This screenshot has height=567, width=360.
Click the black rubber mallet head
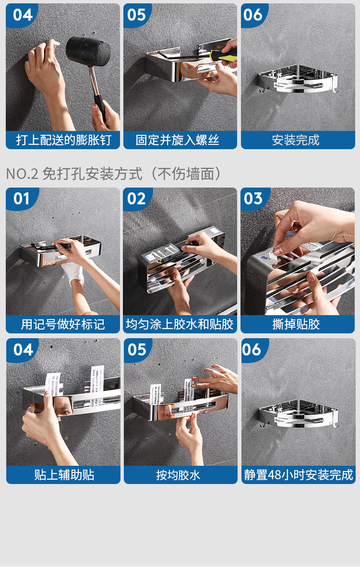tap(88, 51)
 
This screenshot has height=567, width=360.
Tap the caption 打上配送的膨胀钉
tap(63, 140)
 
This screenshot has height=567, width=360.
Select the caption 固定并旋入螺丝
tap(177, 140)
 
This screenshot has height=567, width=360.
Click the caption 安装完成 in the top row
tap(296, 140)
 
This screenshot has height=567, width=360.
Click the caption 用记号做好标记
tap(63, 324)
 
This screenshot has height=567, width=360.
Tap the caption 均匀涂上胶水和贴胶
tap(180, 324)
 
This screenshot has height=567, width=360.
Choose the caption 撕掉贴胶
tap(296, 324)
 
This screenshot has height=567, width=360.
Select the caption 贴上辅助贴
tap(64, 475)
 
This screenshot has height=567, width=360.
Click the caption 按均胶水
tap(178, 475)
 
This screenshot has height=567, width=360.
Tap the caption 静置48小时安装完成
tap(299, 475)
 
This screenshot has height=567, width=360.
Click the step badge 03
tap(253, 199)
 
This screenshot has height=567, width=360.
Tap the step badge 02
tap(136, 199)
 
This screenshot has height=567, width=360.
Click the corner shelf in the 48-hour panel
tap(299, 413)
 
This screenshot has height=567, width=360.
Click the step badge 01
tap(22, 199)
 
